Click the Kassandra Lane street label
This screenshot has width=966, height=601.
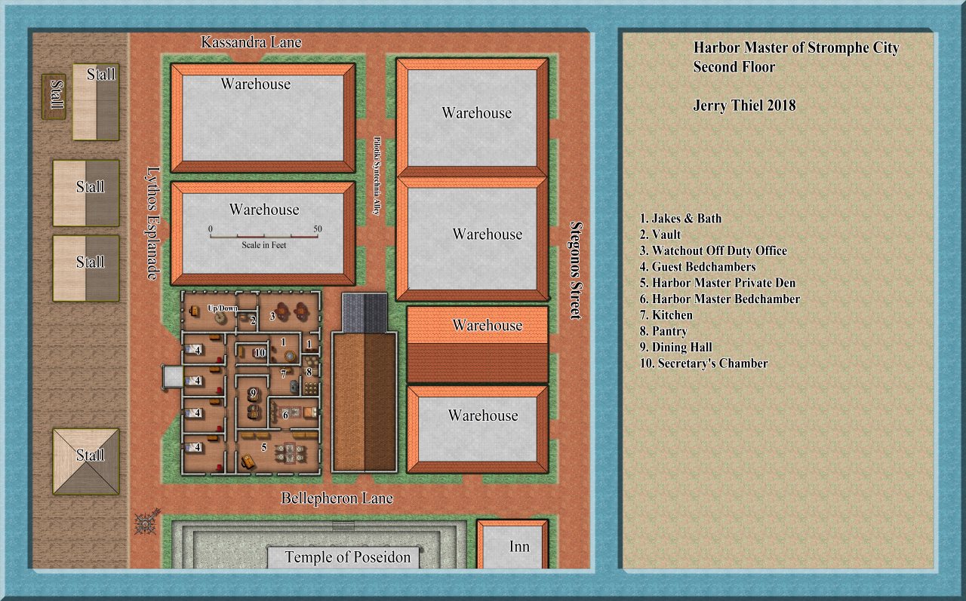[251, 42]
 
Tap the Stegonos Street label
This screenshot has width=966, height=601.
[577, 270]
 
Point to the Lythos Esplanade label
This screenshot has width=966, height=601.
[153, 222]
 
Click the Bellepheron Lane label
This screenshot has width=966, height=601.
[337, 498]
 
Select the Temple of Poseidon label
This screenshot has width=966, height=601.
[347, 557]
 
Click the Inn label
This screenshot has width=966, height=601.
[518, 547]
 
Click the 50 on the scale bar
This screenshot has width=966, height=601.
[317, 228]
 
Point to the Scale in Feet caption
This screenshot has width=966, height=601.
[263, 245]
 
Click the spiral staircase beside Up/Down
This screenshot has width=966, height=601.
[220, 318]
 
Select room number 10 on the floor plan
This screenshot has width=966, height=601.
[260, 353]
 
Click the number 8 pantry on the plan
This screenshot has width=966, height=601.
[309, 370]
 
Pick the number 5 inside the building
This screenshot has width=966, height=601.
[264, 446]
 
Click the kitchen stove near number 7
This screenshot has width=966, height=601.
[293, 383]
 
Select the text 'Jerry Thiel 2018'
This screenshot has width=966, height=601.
[744, 106]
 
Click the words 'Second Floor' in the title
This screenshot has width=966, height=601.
[734, 67]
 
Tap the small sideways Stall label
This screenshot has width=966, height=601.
[54, 96]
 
